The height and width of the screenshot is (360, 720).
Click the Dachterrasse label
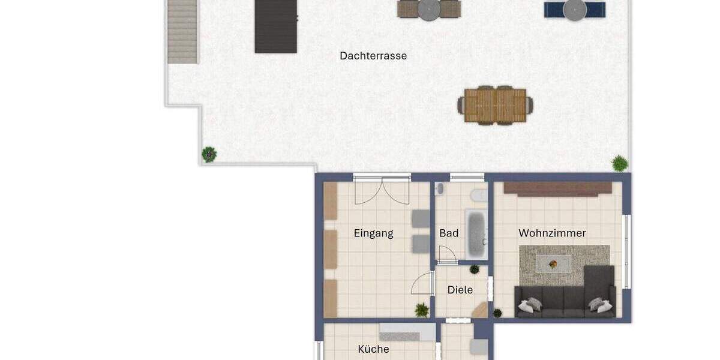[373, 56]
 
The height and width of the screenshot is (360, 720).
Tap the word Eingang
[373, 233]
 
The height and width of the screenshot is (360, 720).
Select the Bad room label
[449, 233]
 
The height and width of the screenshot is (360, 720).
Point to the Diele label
[460, 290]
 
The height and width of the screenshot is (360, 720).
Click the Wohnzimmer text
[552, 233]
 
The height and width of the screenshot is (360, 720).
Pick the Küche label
[373, 349]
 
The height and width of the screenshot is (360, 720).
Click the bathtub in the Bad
[476, 234]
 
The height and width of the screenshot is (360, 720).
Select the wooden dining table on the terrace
[496, 106]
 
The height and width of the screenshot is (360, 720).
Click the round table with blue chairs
[574, 10]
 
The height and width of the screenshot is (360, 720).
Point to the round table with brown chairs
[428, 10]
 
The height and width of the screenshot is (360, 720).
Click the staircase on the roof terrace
[182, 31]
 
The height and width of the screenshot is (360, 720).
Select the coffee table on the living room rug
[553, 263]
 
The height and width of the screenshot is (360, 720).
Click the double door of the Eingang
[382, 191]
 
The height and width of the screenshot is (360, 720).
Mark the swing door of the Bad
[446, 256]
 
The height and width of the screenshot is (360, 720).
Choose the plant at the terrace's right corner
[619, 163]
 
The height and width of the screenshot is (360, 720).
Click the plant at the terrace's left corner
[209, 154]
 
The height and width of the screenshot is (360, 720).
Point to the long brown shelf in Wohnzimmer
[557, 188]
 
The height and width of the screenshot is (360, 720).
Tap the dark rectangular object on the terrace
[276, 26]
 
